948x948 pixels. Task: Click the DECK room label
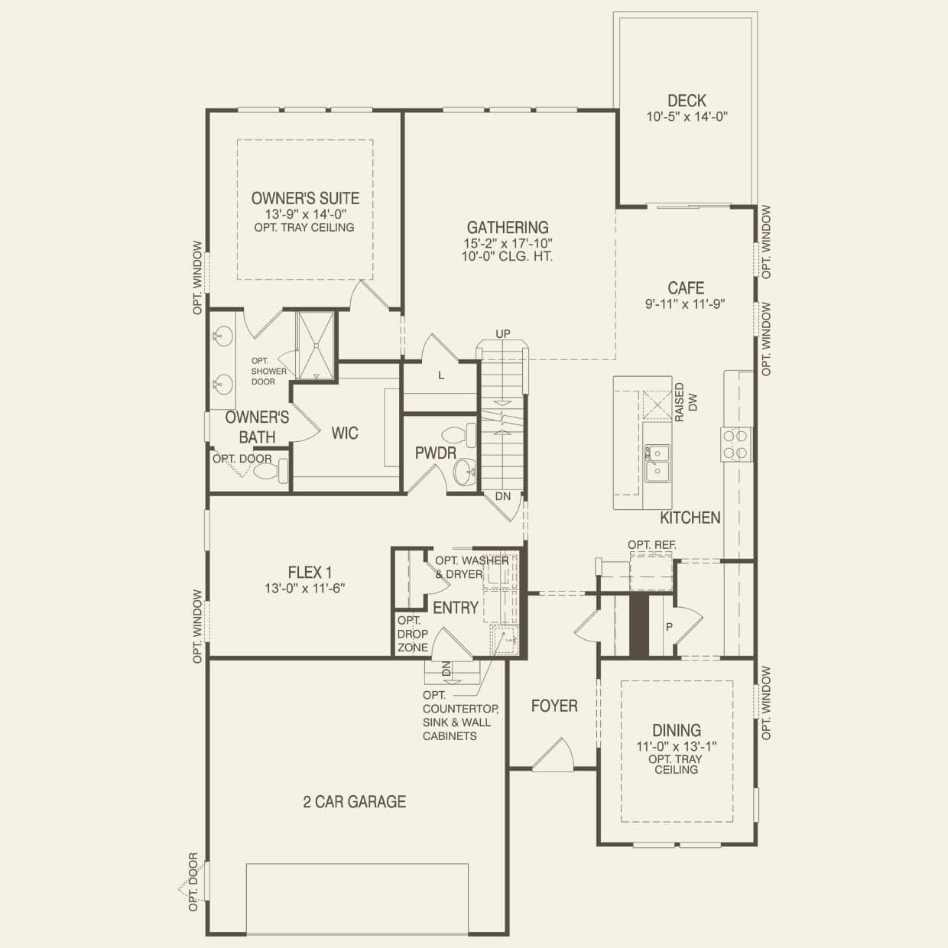click(687, 101)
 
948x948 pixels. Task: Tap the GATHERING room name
click(507, 227)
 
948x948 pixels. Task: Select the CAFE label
click(686, 287)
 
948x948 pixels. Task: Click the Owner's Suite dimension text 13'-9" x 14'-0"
click(306, 215)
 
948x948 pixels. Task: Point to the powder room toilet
click(459, 435)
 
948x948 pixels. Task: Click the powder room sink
click(464, 472)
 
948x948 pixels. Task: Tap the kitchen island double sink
click(657, 463)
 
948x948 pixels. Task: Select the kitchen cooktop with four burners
click(736, 444)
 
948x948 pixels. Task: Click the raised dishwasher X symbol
click(657, 405)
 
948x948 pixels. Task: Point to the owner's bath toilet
click(270, 471)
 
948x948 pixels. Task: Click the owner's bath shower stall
click(316, 346)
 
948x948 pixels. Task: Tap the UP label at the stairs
click(503, 334)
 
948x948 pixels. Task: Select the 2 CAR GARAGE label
click(354, 802)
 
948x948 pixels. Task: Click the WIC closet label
click(344, 433)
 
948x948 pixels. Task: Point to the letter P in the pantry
click(668, 627)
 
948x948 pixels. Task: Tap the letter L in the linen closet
click(441, 376)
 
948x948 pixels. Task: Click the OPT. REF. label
click(652, 545)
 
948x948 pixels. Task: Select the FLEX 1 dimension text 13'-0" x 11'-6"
click(305, 589)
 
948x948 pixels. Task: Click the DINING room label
click(677, 731)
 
